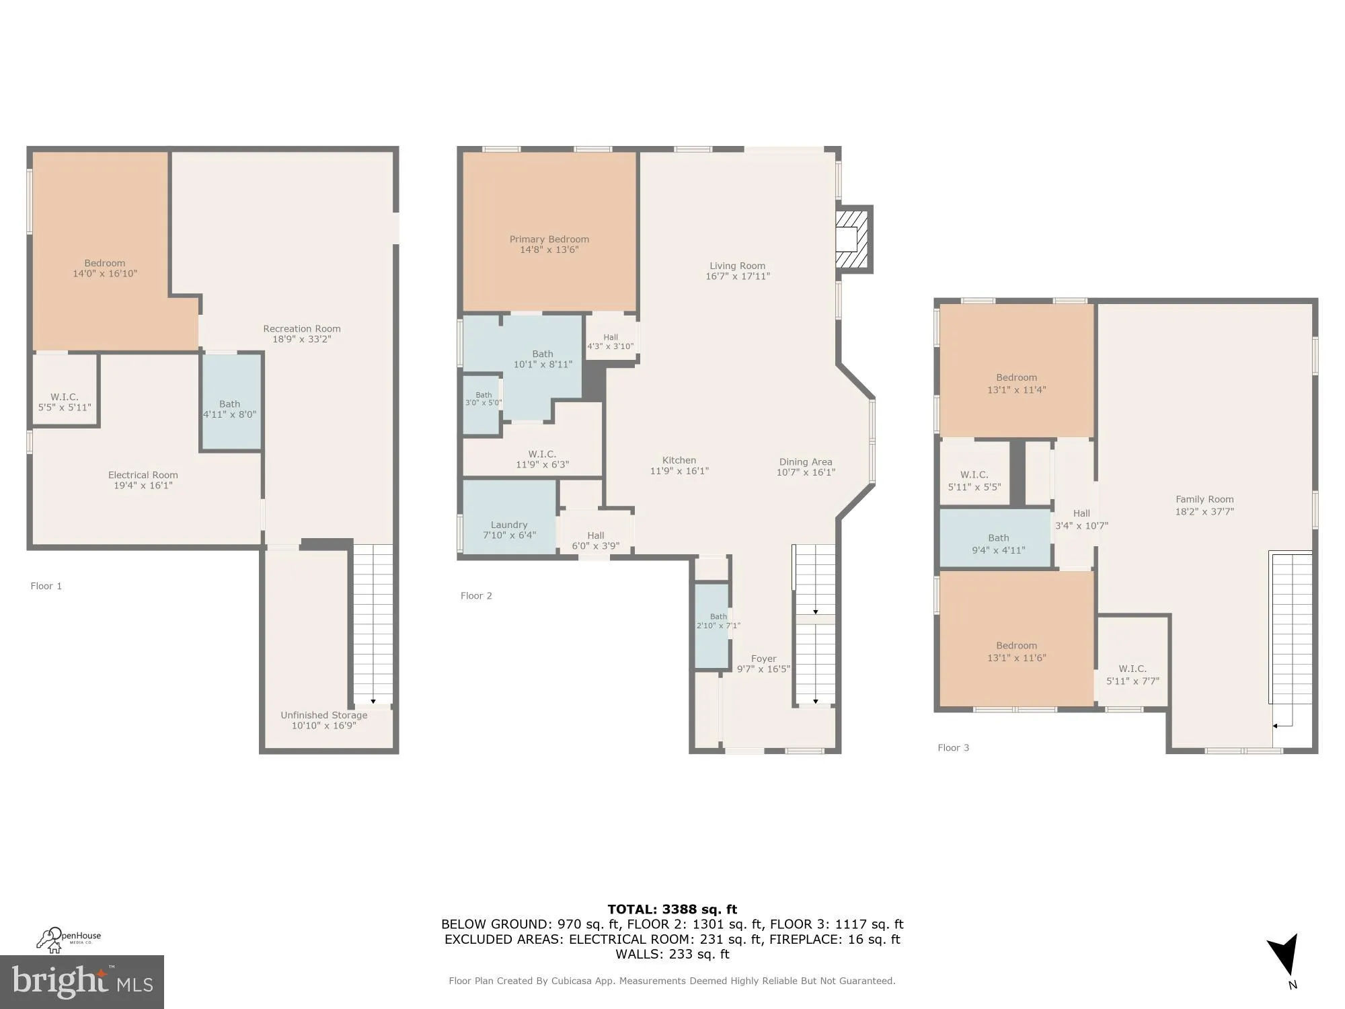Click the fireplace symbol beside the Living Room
(x=851, y=239)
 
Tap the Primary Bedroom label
(x=549, y=239)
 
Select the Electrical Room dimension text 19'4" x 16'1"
(x=143, y=486)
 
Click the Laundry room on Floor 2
(x=509, y=525)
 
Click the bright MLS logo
(x=82, y=982)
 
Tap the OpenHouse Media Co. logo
(x=69, y=939)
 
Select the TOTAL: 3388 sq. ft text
(x=672, y=910)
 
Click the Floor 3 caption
(x=953, y=748)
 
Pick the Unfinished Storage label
(x=323, y=715)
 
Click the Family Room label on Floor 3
(x=1204, y=500)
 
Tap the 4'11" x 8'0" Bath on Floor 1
(x=230, y=409)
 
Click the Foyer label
(x=763, y=659)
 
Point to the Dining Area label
(x=805, y=462)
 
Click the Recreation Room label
(x=301, y=329)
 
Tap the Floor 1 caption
(x=46, y=587)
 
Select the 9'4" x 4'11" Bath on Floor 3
(x=998, y=544)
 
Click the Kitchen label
(x=679, y=461)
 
